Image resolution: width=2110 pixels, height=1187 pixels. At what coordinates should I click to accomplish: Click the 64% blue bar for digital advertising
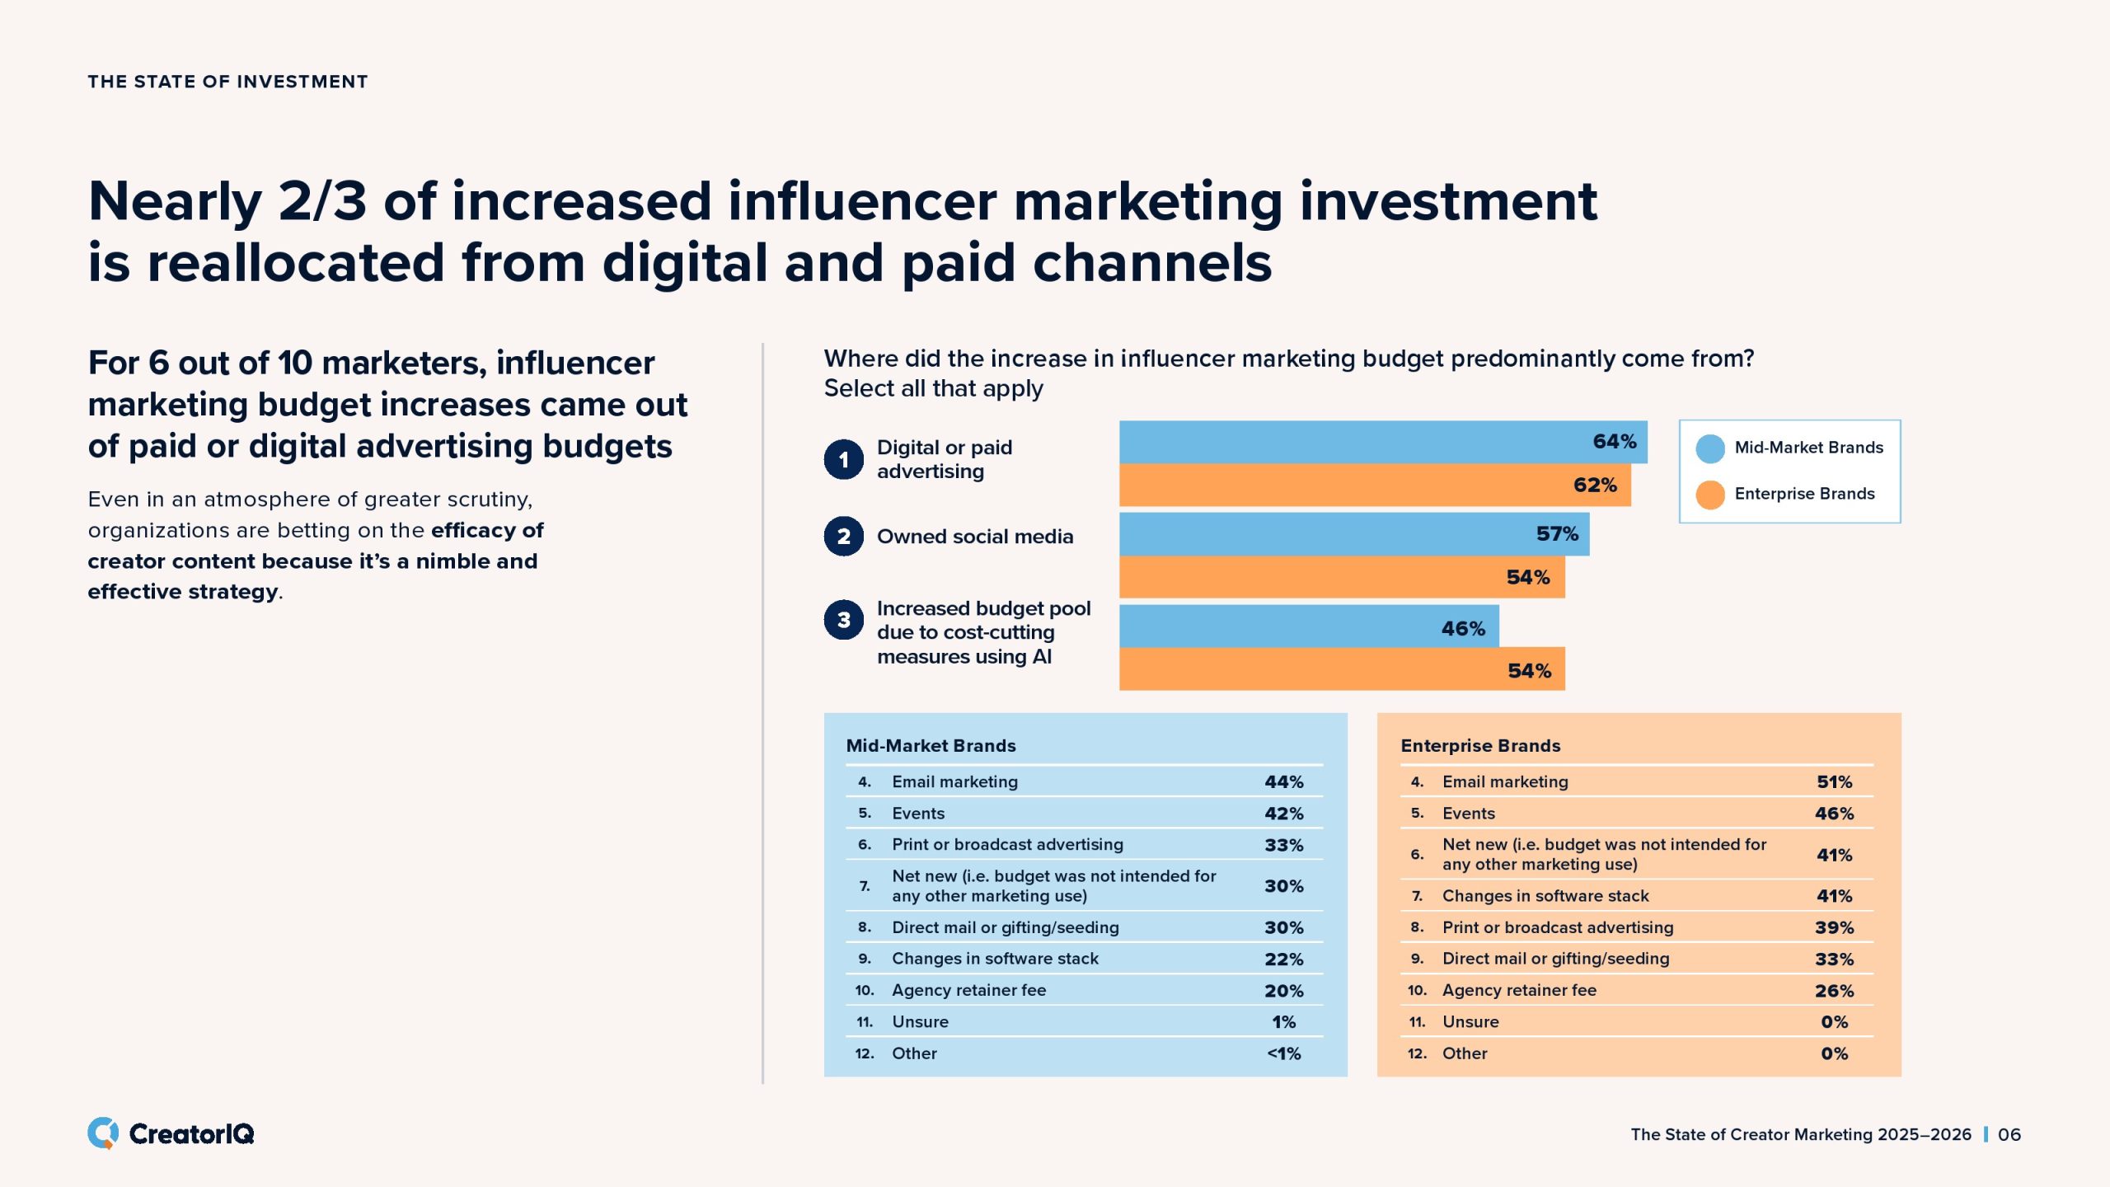(x=1383, y=442)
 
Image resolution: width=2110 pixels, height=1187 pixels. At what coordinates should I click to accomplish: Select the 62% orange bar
(x=1375, y=485)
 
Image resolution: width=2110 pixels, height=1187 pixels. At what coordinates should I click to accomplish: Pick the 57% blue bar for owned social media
(x=1353, y=534)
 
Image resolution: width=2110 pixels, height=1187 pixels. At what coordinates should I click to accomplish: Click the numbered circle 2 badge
(x=843, y=537)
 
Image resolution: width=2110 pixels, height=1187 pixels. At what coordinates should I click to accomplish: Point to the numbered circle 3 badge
(x=843, y=620)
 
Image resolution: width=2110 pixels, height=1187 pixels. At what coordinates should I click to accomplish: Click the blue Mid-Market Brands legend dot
(x=1710, y=448)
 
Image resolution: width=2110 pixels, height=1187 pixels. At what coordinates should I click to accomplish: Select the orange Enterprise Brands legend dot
(x=1710, y=495)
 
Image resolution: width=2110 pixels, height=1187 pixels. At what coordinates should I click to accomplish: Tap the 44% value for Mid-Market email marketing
(x=1283, y=781)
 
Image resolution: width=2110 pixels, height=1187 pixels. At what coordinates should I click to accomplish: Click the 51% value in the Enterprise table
(x=1834, y=781)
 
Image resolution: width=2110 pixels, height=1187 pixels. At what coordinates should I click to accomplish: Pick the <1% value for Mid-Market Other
(x=1283, y=1053)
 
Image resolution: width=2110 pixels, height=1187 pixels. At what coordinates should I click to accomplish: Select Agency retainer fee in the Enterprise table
(x=1519, y=990)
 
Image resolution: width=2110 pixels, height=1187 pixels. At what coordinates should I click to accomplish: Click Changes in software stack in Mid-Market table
(x=995, y=959)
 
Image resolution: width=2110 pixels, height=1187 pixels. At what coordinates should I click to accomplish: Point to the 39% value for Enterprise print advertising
(x=1834, y=927)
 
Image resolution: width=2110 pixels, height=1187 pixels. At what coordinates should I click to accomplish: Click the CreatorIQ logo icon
(x=103, y=1133)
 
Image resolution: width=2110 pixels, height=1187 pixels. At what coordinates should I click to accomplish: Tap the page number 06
(x=2009, y=1134)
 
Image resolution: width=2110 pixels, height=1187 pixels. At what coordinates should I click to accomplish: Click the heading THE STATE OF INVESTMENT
(x=227, y=82)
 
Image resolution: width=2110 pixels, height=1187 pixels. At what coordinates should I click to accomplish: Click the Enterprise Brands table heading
(x=1480, y=746)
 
